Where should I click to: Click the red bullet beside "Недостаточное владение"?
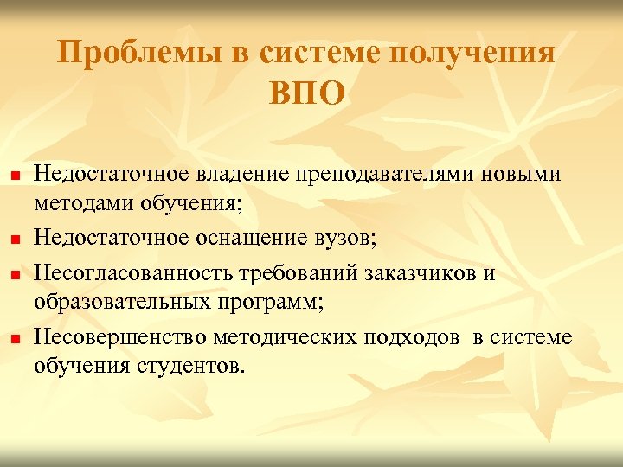click(14, 176)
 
